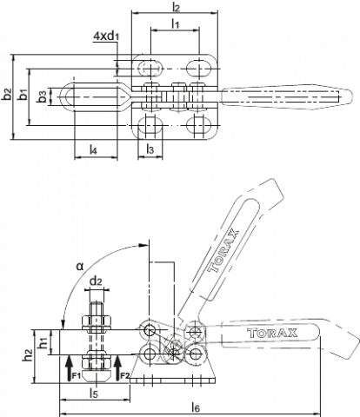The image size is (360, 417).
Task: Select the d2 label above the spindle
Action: pyautogui.click(x=96, y=281)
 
